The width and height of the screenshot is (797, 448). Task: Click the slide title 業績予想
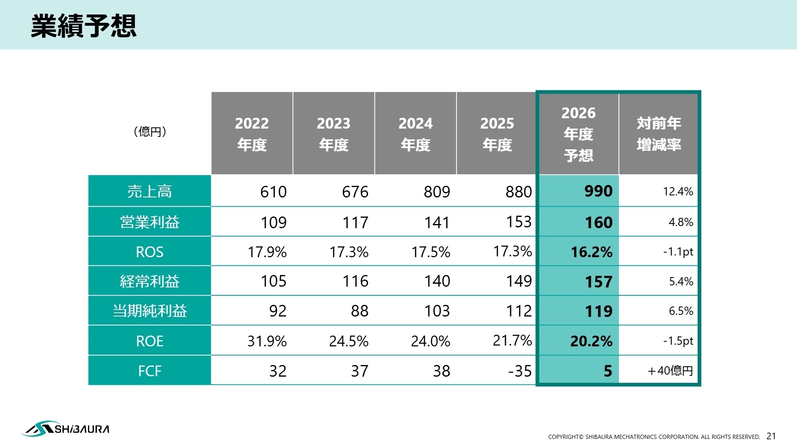83,26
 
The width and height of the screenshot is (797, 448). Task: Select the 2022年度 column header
252,134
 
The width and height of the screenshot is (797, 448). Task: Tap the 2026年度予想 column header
578,134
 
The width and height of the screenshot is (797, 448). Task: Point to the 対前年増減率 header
659,134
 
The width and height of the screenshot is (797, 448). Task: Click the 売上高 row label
149,191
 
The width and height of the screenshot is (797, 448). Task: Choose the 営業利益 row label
149,222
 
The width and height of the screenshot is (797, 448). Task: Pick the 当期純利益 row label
149,311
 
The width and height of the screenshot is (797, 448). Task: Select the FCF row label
149,371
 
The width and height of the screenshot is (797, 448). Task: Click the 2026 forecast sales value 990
598,191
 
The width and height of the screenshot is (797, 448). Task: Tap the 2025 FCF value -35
520,371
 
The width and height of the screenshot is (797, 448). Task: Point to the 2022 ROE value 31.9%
267,341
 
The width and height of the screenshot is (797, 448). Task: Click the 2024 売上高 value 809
437,192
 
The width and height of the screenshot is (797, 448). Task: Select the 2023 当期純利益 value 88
359,311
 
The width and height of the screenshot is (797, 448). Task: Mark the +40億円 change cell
670,370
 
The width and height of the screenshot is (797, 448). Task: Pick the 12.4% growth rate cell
678,191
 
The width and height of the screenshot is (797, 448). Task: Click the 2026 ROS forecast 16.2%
592,252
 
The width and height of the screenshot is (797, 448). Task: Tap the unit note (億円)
150,131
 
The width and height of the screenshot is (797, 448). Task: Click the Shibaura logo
65,429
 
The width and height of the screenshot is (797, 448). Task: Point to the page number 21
771,436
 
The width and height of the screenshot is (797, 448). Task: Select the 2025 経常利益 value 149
518,281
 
